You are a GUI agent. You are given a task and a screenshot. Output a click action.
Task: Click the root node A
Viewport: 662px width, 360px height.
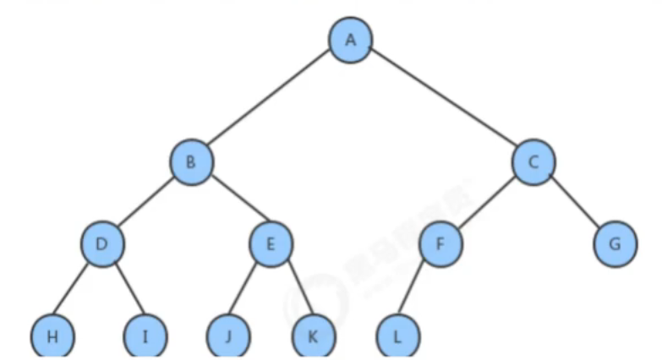349,41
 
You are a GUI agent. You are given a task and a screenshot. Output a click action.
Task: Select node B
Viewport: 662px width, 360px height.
191,161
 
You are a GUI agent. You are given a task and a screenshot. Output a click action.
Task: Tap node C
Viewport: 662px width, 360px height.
533,161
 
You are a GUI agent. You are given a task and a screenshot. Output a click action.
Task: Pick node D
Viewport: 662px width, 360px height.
103,245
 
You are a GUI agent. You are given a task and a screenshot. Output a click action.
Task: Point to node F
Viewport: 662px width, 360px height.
440,245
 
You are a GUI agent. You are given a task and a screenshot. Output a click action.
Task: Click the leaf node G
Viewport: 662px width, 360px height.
615,245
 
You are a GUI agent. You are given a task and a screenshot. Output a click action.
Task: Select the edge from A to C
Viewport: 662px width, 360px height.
441,101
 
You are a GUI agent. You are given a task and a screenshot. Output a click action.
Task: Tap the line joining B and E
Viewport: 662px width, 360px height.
232,204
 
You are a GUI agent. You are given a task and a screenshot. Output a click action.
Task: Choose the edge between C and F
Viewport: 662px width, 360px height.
487,204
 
